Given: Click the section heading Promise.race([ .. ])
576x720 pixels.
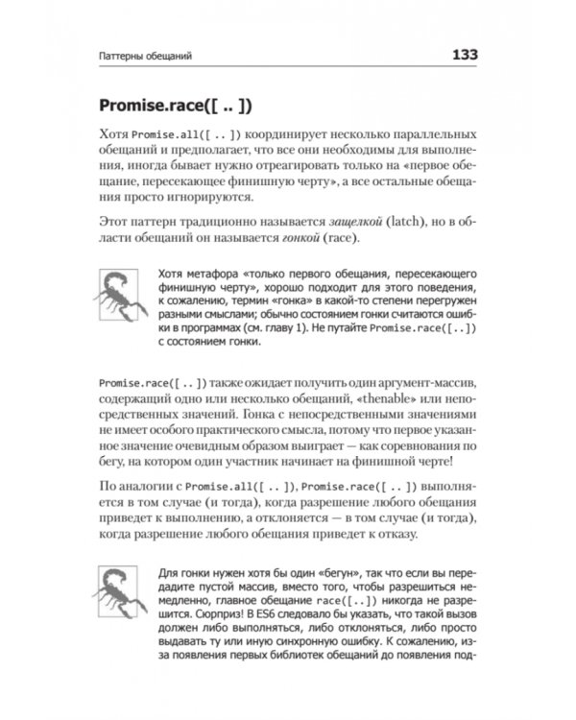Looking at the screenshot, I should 181,105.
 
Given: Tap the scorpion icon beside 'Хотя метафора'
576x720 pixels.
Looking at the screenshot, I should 119,289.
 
